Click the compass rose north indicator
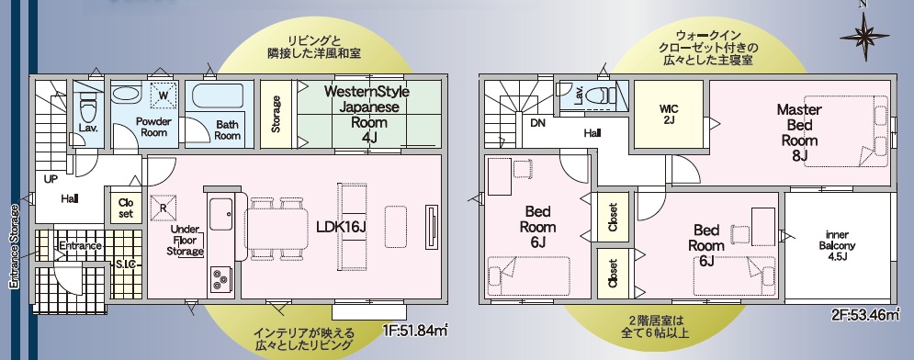(x=864, y=36)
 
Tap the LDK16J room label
(x=341, y=227)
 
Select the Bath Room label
(x=227, y=129)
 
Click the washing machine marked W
(x=164, y=95)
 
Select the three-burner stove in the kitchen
(x=220, y=278)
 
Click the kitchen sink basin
(x=221, y=213)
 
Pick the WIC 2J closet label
(x=668, y=114)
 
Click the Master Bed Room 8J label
(x=798, y=132)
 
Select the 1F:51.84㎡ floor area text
(x=414, y=332)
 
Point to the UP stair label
(x=51, y=179)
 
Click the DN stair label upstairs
(x=538, y=123)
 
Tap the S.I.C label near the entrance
(x=125, y=265)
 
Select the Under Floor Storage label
(x=186, y=240)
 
